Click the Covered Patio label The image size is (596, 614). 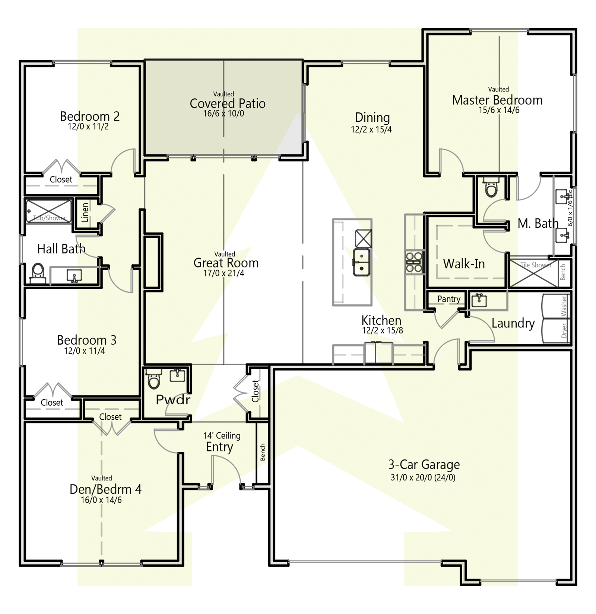point(228,103)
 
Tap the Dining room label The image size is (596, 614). point(372,118)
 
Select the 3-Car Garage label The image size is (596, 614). point(424,465)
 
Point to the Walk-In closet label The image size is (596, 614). point(464,264)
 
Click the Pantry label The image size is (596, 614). point(449,299)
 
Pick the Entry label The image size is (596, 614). point(219,447)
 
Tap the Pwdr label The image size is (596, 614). point(173,400)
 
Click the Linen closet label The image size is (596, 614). point(85,212)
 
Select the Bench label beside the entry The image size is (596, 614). point(263,452)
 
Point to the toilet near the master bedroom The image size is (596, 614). point(491,188)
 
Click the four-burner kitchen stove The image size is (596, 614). point(413,262)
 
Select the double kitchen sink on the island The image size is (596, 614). point(361,262)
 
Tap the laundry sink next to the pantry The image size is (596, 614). point(479,300)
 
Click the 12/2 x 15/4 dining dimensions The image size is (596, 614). point(371,129)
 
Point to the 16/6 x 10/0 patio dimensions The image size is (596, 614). point(223,114)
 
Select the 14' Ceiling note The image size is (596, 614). point(222,435)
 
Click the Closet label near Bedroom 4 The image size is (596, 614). point(110,417)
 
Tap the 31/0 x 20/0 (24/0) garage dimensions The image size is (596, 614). point(423,477)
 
